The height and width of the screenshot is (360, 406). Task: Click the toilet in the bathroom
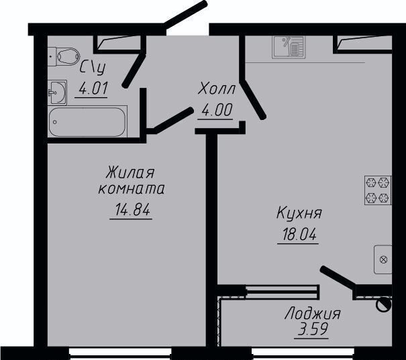point(64,56)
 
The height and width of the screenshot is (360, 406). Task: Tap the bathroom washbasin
point(57,93)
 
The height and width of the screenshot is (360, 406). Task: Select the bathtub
point(87,121)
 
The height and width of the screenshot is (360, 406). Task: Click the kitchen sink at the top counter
point(289,47)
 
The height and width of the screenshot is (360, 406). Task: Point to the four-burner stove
point(378,190)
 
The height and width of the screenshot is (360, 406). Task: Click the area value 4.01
point(93,88)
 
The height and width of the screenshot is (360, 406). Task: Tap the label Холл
point(216,89)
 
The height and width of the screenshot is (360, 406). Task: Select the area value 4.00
point(217,110)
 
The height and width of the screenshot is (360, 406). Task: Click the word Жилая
point(130,172)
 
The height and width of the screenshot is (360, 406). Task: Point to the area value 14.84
point(132,209)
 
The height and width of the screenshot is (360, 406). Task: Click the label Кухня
point(299,214)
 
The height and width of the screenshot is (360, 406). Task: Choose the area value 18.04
point(299,235)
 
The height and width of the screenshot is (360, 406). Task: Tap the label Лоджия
point(313,314)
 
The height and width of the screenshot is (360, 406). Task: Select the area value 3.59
point(313,329)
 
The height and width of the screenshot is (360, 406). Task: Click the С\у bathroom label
point(93,68)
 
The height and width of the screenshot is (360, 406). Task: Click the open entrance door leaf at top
point(185,15)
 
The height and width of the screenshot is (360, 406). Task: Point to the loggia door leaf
point(338,278)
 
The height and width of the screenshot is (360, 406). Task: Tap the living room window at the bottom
point(120,353)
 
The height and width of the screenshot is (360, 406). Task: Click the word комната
point(132,190)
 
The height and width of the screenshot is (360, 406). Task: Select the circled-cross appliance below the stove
point(383,259)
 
